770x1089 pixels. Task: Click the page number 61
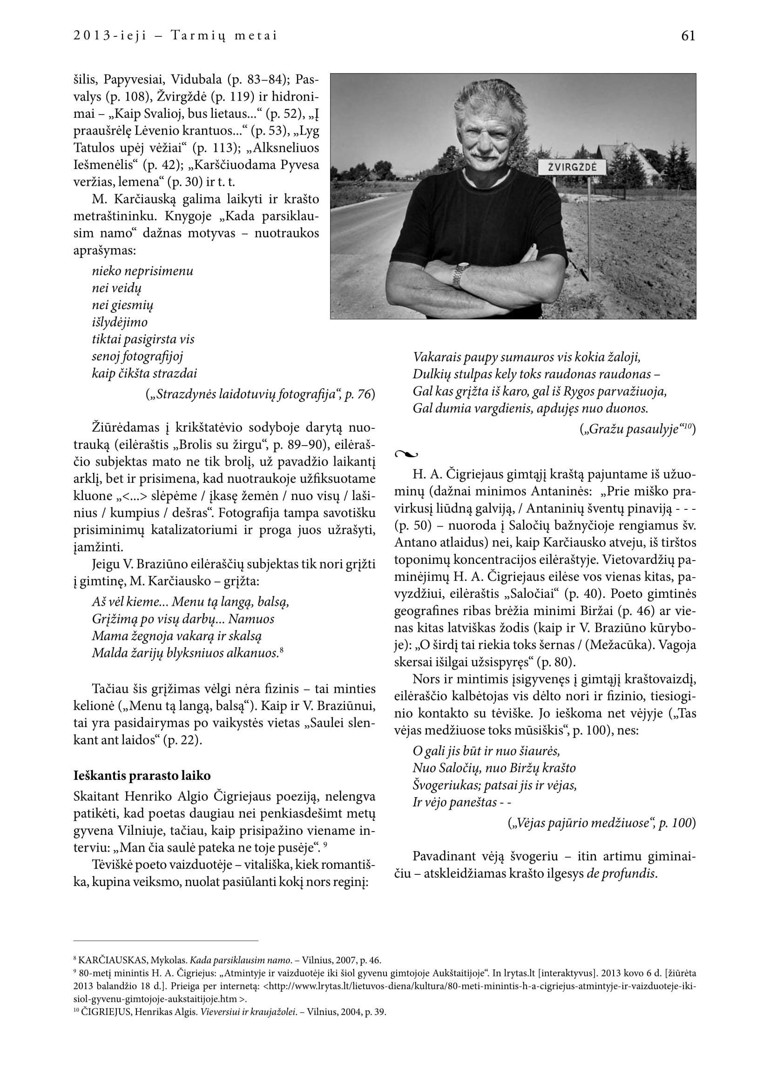(x=688, y=36)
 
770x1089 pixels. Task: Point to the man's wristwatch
(x=460, y=275)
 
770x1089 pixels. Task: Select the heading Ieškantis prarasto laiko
(x=142, y=776)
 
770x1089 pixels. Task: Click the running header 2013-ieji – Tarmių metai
(x=175, y=36)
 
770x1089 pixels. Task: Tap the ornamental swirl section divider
(x=406, y=454)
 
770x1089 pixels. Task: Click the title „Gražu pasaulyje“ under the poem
(x=636, y=430)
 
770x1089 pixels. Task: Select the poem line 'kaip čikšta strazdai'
(x=144, y=373)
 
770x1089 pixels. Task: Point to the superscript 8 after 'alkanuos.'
(x=282, y=651)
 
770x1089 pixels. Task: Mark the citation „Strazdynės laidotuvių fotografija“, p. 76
(x=260, y=394)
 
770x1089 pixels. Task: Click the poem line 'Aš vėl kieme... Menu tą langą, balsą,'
(x=190, y=602)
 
